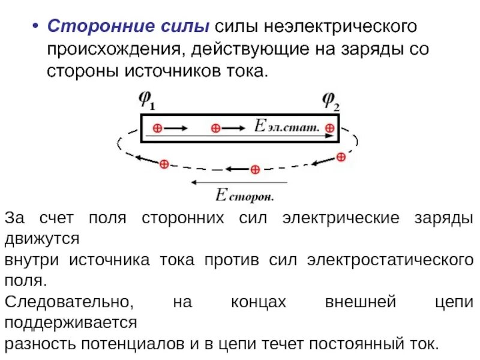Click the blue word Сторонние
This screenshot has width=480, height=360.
pos(88,27)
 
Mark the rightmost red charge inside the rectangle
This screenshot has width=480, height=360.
pos(329,128)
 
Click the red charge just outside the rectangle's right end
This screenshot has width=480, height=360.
pos(341,157)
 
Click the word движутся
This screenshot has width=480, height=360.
pos(42,239)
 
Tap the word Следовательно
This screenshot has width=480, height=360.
pos(66,302)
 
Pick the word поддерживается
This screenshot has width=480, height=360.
pos(71,323)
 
